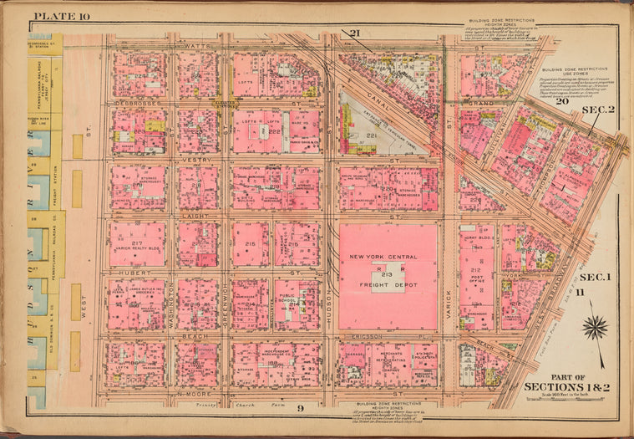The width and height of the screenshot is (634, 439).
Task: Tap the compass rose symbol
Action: (595, 326)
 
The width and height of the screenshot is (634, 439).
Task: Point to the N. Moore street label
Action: (192, 392)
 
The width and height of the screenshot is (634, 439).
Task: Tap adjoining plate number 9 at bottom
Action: (295, 406)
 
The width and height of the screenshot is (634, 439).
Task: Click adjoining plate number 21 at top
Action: (353, 33)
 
